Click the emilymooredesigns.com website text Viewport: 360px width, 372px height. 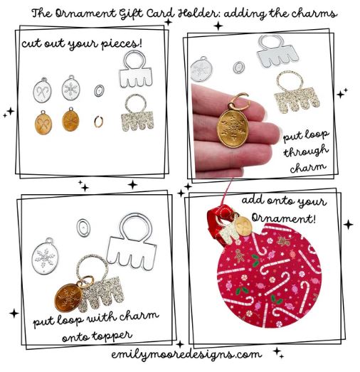pos(179,354)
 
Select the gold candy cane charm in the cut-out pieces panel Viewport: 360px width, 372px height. pos(42,119)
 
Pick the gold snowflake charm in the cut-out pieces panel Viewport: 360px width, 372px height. pos(70,119)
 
